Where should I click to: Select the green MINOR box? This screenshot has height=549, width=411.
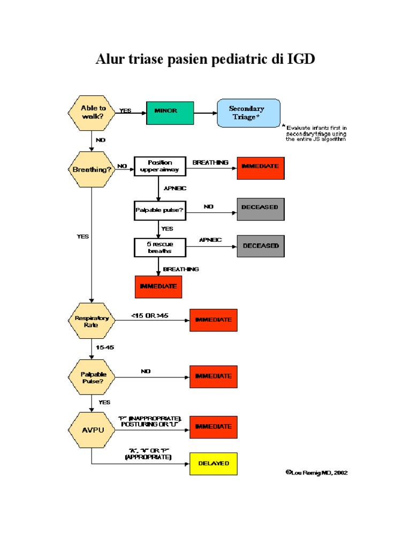tap(170, 113)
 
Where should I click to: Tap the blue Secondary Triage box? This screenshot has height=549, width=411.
tap(248, 113)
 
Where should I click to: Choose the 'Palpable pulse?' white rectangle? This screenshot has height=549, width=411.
tap(159, 210)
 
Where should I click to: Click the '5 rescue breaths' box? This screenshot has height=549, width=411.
tap(159, 247)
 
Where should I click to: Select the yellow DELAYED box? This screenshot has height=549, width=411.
tap(213, 464)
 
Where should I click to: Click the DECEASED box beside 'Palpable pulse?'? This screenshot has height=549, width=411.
tap(261, 209)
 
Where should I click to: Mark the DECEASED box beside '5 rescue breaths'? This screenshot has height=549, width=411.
tap(261, 246)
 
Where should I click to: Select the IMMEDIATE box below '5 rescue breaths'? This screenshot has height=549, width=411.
tap(158, 286)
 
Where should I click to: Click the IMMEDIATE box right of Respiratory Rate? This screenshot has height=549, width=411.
tap(213, 320)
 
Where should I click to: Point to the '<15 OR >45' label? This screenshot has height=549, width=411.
tap(150, 315)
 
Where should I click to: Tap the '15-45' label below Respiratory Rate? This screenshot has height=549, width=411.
tap(105, 347)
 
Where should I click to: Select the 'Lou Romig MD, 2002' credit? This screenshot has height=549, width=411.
tap(318, 473)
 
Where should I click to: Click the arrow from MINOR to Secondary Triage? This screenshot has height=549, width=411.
tap(204, 113)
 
